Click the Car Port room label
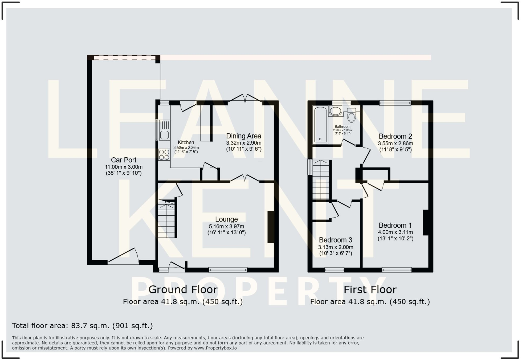(124, 160)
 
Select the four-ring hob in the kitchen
(164, 155)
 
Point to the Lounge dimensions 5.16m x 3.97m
(227, 227)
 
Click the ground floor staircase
(167, 220)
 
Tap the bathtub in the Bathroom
(320, 125)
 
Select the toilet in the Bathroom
(352, 116)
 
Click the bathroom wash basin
(335, 111)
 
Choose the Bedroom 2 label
(395, 136)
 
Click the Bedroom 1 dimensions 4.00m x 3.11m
(395, 232)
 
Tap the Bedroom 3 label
(336, 240)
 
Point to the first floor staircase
(321, 180)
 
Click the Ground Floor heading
(183, 290)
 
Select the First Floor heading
(370, 290)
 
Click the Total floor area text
(82, 326)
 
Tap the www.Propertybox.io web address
(215, 348)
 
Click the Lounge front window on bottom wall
(228, 270)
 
